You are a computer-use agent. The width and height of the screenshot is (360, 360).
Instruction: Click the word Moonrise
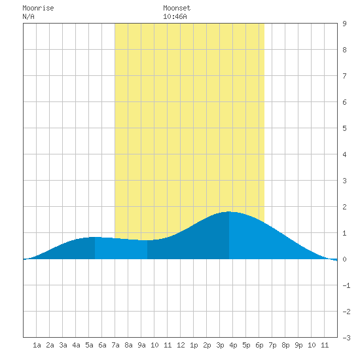pyautogui.click(x=38, y=8)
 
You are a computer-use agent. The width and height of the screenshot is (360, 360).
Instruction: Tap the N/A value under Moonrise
pyautogui.click(x=28, y=16)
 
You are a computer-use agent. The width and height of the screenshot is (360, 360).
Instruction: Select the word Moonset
pyautogui.click(x=177, y=8)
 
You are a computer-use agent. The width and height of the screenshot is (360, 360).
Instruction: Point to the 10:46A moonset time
pyautogui.click(x=175, y=16)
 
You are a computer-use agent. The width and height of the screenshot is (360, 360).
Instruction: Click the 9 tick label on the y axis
pyautogui.click(x=344, y=24)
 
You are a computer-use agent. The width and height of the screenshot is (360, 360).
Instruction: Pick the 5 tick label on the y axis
pyautogui.click(x=344, y=128)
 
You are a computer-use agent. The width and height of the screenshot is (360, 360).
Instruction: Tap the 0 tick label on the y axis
pyautogui.click(x=344, y=259)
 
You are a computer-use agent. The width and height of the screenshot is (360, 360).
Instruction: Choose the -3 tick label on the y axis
pyautogui.click(x=346, y=338)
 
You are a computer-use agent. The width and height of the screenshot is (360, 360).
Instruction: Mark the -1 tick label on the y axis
pyautogui.click(x=346, y=285)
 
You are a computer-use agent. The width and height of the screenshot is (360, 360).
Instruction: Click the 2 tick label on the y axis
pyautogui.click(x=344, y=207)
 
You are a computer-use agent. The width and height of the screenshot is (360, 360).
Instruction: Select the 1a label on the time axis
pyautogui.click(x=37, y=345)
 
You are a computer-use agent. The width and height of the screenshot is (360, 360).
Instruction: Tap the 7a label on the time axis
pyautogui.click(x=115, y=345)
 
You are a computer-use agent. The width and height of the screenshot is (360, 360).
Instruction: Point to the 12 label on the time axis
pyautogui.click(x=181, y=345)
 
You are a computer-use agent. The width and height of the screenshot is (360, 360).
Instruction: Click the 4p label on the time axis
pyautogui.click(x=233, y=345)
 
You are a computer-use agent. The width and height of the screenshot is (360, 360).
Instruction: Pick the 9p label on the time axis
pyautogui.click(x=298, y=345)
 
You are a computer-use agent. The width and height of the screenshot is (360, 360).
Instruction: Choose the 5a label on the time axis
pyautogui.click(x=89, y=345)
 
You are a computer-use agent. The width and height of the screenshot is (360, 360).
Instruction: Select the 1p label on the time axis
pyautogui.click(x=194, y=345)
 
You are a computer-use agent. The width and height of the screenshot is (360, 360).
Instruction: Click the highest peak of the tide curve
pyautogui.click(x=229, y=211)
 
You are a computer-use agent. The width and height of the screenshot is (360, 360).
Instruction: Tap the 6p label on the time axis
pyautogui.click(x=259, y=345)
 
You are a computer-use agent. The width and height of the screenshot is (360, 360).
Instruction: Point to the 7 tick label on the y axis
pyautogui.click(x=344, y=76)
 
